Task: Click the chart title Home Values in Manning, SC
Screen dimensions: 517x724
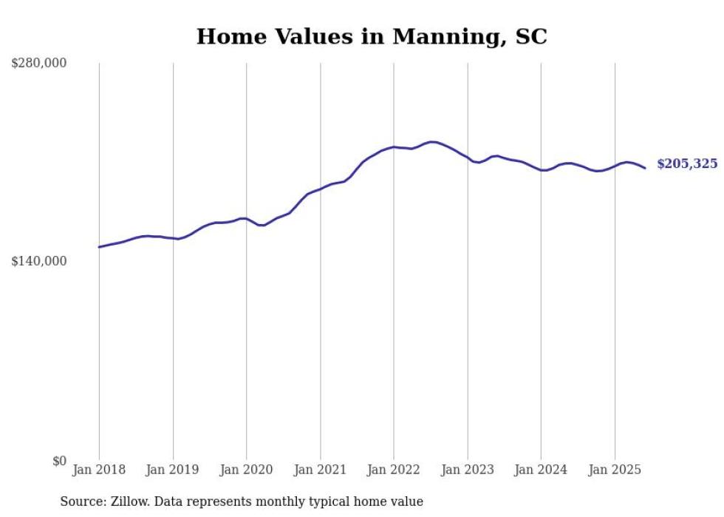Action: [x=372, y=36]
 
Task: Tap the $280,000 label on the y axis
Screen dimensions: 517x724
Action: [x=38, y=64]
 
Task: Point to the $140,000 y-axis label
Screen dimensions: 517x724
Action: [x=38, y=261]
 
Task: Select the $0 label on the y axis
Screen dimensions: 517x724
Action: [x=59, y=461]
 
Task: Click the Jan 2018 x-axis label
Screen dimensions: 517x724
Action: [x=99, y=470]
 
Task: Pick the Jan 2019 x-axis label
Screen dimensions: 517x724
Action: [x=173, y=470]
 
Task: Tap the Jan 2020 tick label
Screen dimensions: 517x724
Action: [x=247, y=470]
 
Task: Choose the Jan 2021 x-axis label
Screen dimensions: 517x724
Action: [x=320, y=470]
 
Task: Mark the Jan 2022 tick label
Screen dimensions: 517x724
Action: [x=394, y=470]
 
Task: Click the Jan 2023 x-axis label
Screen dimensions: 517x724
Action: [x=468, y=470]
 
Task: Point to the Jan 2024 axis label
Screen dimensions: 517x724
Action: [x=541, y=470]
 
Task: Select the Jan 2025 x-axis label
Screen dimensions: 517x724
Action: [x=615, y=470]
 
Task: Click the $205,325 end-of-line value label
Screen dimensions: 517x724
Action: [x=687, y=164]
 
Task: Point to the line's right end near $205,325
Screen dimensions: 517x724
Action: [x=645, y=168]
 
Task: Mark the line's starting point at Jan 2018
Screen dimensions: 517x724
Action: [x=99, y=247]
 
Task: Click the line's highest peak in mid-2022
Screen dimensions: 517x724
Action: [x=432, y=142]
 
